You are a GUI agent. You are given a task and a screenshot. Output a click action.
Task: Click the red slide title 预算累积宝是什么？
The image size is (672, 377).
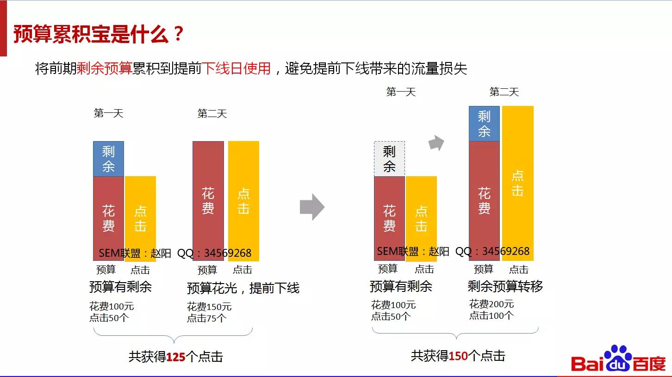(x=99, y=34)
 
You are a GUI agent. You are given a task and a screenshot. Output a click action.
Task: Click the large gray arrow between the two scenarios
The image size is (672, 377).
(x=312, y=207)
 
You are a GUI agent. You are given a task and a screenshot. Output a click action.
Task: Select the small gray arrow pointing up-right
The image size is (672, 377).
(x=436, y=143)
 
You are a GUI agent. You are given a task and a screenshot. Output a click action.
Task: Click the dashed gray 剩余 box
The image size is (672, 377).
(x=389, y=159)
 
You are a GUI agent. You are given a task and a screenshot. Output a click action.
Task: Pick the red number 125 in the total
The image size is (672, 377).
(x=175, y=357)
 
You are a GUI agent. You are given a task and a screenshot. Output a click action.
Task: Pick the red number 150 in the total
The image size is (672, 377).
(x=458, y=356)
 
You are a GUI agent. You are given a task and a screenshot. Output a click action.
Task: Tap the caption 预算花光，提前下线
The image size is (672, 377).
(x=243, y=288)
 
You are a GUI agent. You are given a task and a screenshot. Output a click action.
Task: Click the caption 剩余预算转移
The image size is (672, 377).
(x=505, y=286)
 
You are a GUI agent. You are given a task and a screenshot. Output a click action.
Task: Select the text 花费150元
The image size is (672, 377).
(x=209, y=307)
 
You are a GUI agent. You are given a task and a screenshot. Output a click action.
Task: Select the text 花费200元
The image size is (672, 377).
(x=492, y=304)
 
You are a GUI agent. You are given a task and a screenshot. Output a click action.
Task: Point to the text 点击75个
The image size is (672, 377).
(x=206, y=318)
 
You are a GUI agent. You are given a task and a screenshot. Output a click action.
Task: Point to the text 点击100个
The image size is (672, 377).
(x=492, y=315)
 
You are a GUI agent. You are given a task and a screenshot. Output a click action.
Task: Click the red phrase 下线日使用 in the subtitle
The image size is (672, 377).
(x=236, y=68)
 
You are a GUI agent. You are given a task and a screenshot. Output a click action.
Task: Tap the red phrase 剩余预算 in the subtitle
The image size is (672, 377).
(x=105, y=68)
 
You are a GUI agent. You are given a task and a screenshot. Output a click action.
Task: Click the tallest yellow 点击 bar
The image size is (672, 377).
(x=518, y=183)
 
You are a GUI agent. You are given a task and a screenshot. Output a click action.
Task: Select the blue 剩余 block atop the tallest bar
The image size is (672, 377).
(x=484, y=124)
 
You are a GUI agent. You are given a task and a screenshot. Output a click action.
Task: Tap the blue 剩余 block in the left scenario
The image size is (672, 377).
(x=108, y=159)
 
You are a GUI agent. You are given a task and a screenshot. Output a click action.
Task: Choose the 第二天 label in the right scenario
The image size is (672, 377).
(x=504, y=92)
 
